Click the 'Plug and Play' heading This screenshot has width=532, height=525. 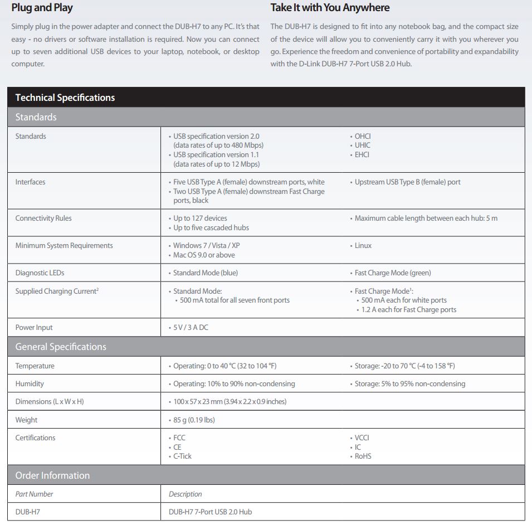click(42, 8)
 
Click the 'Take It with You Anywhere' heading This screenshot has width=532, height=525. click(330, 8)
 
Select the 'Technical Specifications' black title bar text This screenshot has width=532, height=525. click(65, 98)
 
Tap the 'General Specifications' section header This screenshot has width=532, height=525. click(61, 347)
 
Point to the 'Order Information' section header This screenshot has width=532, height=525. click(52, 475)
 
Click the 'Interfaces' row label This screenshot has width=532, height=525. click(31, 182)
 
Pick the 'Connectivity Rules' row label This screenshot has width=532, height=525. click(43, 218)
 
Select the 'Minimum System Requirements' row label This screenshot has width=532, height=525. click(64, 246)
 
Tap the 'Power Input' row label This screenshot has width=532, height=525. click(34, 328)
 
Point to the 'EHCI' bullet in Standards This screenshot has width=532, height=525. click(362, 155)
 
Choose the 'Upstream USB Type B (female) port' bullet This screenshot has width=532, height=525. click(407, 182)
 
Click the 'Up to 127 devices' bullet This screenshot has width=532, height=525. click(200, 218)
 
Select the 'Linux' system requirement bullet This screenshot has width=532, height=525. click(363, 246)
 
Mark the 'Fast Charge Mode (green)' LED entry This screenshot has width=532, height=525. click(393, 273)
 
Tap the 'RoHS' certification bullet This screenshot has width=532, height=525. click(363, 456)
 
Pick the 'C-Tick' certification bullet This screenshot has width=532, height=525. click(182, 456)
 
